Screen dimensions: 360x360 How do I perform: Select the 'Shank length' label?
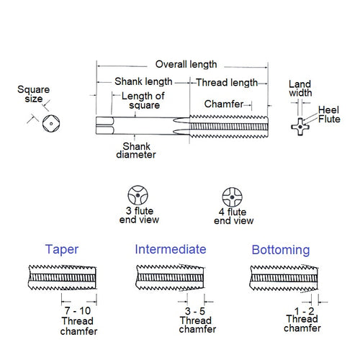142,81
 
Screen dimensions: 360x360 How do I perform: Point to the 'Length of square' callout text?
143,102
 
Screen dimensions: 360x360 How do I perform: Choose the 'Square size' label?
35,95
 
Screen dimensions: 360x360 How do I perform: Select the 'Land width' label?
300,89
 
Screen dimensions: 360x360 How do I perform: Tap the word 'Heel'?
328,109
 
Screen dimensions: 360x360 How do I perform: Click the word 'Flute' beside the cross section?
329,119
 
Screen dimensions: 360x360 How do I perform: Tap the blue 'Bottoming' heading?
281,250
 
